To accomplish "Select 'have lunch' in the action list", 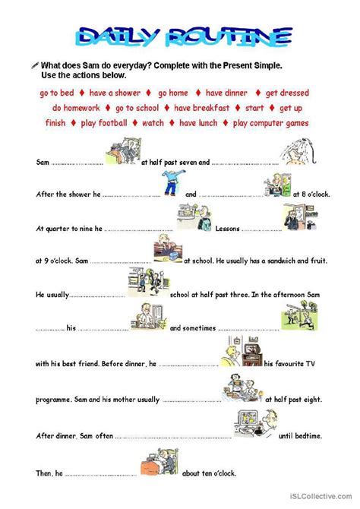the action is pos(197,123).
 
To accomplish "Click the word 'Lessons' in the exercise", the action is pos(228,228).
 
